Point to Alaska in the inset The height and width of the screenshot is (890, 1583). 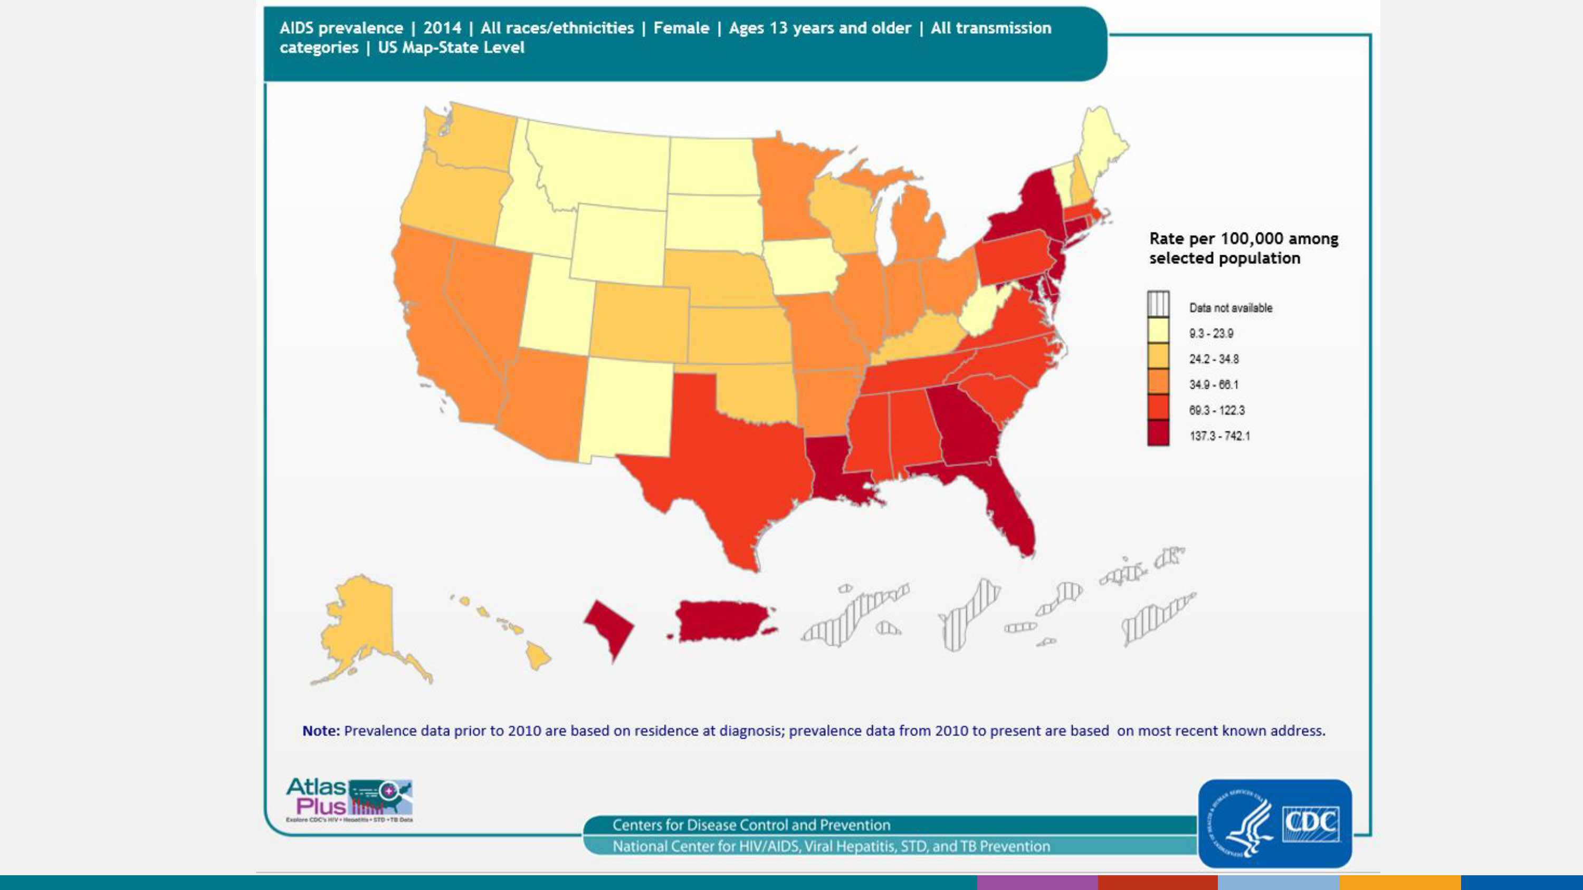click(363, 626)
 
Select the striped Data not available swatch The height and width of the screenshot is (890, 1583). click(1158, 305)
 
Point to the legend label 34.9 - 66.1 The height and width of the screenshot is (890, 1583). click(1214, 384)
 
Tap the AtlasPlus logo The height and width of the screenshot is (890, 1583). click(349, 800)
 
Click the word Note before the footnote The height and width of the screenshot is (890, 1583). click(320, 731)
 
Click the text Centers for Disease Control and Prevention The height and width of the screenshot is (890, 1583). click(751, 825)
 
